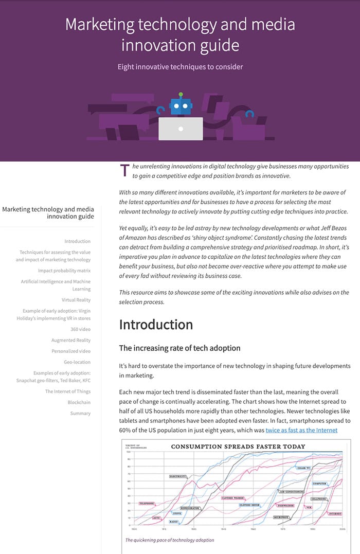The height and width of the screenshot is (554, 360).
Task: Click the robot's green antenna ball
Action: click(181, 95)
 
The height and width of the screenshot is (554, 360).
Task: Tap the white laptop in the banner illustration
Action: click(181, 129)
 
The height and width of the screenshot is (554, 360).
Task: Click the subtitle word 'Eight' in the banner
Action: click(127, 67)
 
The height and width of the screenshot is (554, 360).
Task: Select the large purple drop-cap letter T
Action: click(124, 171)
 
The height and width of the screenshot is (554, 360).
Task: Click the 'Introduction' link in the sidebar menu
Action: click(77, 241)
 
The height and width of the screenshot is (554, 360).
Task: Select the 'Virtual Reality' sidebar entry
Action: click(76, 300)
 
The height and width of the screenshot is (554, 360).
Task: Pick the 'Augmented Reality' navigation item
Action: click(71, 340)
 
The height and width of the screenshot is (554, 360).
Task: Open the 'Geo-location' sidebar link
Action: click(77, 362)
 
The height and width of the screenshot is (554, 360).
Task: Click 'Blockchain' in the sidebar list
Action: click(79, 402)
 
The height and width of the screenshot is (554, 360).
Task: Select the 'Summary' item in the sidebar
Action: click(80, 414)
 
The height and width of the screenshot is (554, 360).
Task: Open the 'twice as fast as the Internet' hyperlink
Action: click(301, 430)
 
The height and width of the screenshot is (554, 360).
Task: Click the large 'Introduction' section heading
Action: click(156, 325)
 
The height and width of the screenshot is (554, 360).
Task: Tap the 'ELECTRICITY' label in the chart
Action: click(178, 477)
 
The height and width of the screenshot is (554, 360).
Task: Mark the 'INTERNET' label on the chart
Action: click(335, 514)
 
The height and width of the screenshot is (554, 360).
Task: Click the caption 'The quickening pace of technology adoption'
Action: click(170, 540)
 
